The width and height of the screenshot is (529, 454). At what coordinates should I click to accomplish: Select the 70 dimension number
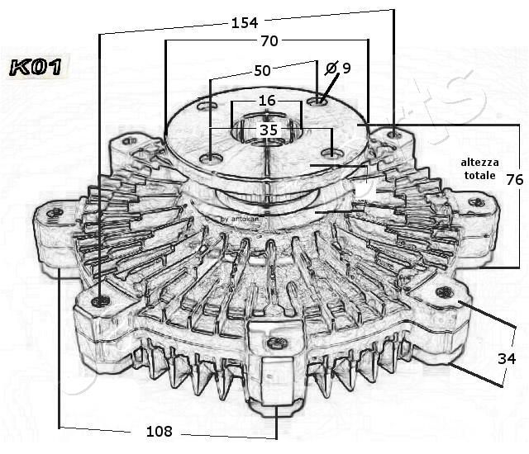[x=269, y=40]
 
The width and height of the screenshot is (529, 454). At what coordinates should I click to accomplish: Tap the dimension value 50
[x=262, y=70]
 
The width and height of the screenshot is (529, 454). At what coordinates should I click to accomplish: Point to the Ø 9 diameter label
[x=339, y=68]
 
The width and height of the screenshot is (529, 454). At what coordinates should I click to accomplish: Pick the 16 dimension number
[x=266, y=101]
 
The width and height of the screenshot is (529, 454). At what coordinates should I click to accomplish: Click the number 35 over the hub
[x=269, y=130]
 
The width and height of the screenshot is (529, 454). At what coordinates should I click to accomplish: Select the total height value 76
[x=514, y=180]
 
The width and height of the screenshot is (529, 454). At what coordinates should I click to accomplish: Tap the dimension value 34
[x=508, y=358]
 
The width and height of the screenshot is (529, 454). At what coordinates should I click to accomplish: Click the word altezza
[x=479, y=162]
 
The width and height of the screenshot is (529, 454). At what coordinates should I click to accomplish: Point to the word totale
[x=479, y=176]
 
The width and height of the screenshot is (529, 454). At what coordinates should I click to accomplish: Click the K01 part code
[x=34, y=68]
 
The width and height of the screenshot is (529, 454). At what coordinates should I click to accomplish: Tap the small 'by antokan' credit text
[x=240, y=219]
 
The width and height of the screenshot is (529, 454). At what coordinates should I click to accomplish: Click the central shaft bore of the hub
[x=266, y=132]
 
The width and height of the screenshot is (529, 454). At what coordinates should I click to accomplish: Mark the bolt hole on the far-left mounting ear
[x=55, y=214]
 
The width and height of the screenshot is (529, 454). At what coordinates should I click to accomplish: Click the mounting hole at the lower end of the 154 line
[x=100, y=301]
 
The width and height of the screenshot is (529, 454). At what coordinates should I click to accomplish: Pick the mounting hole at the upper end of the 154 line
[x=395, y=133]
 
